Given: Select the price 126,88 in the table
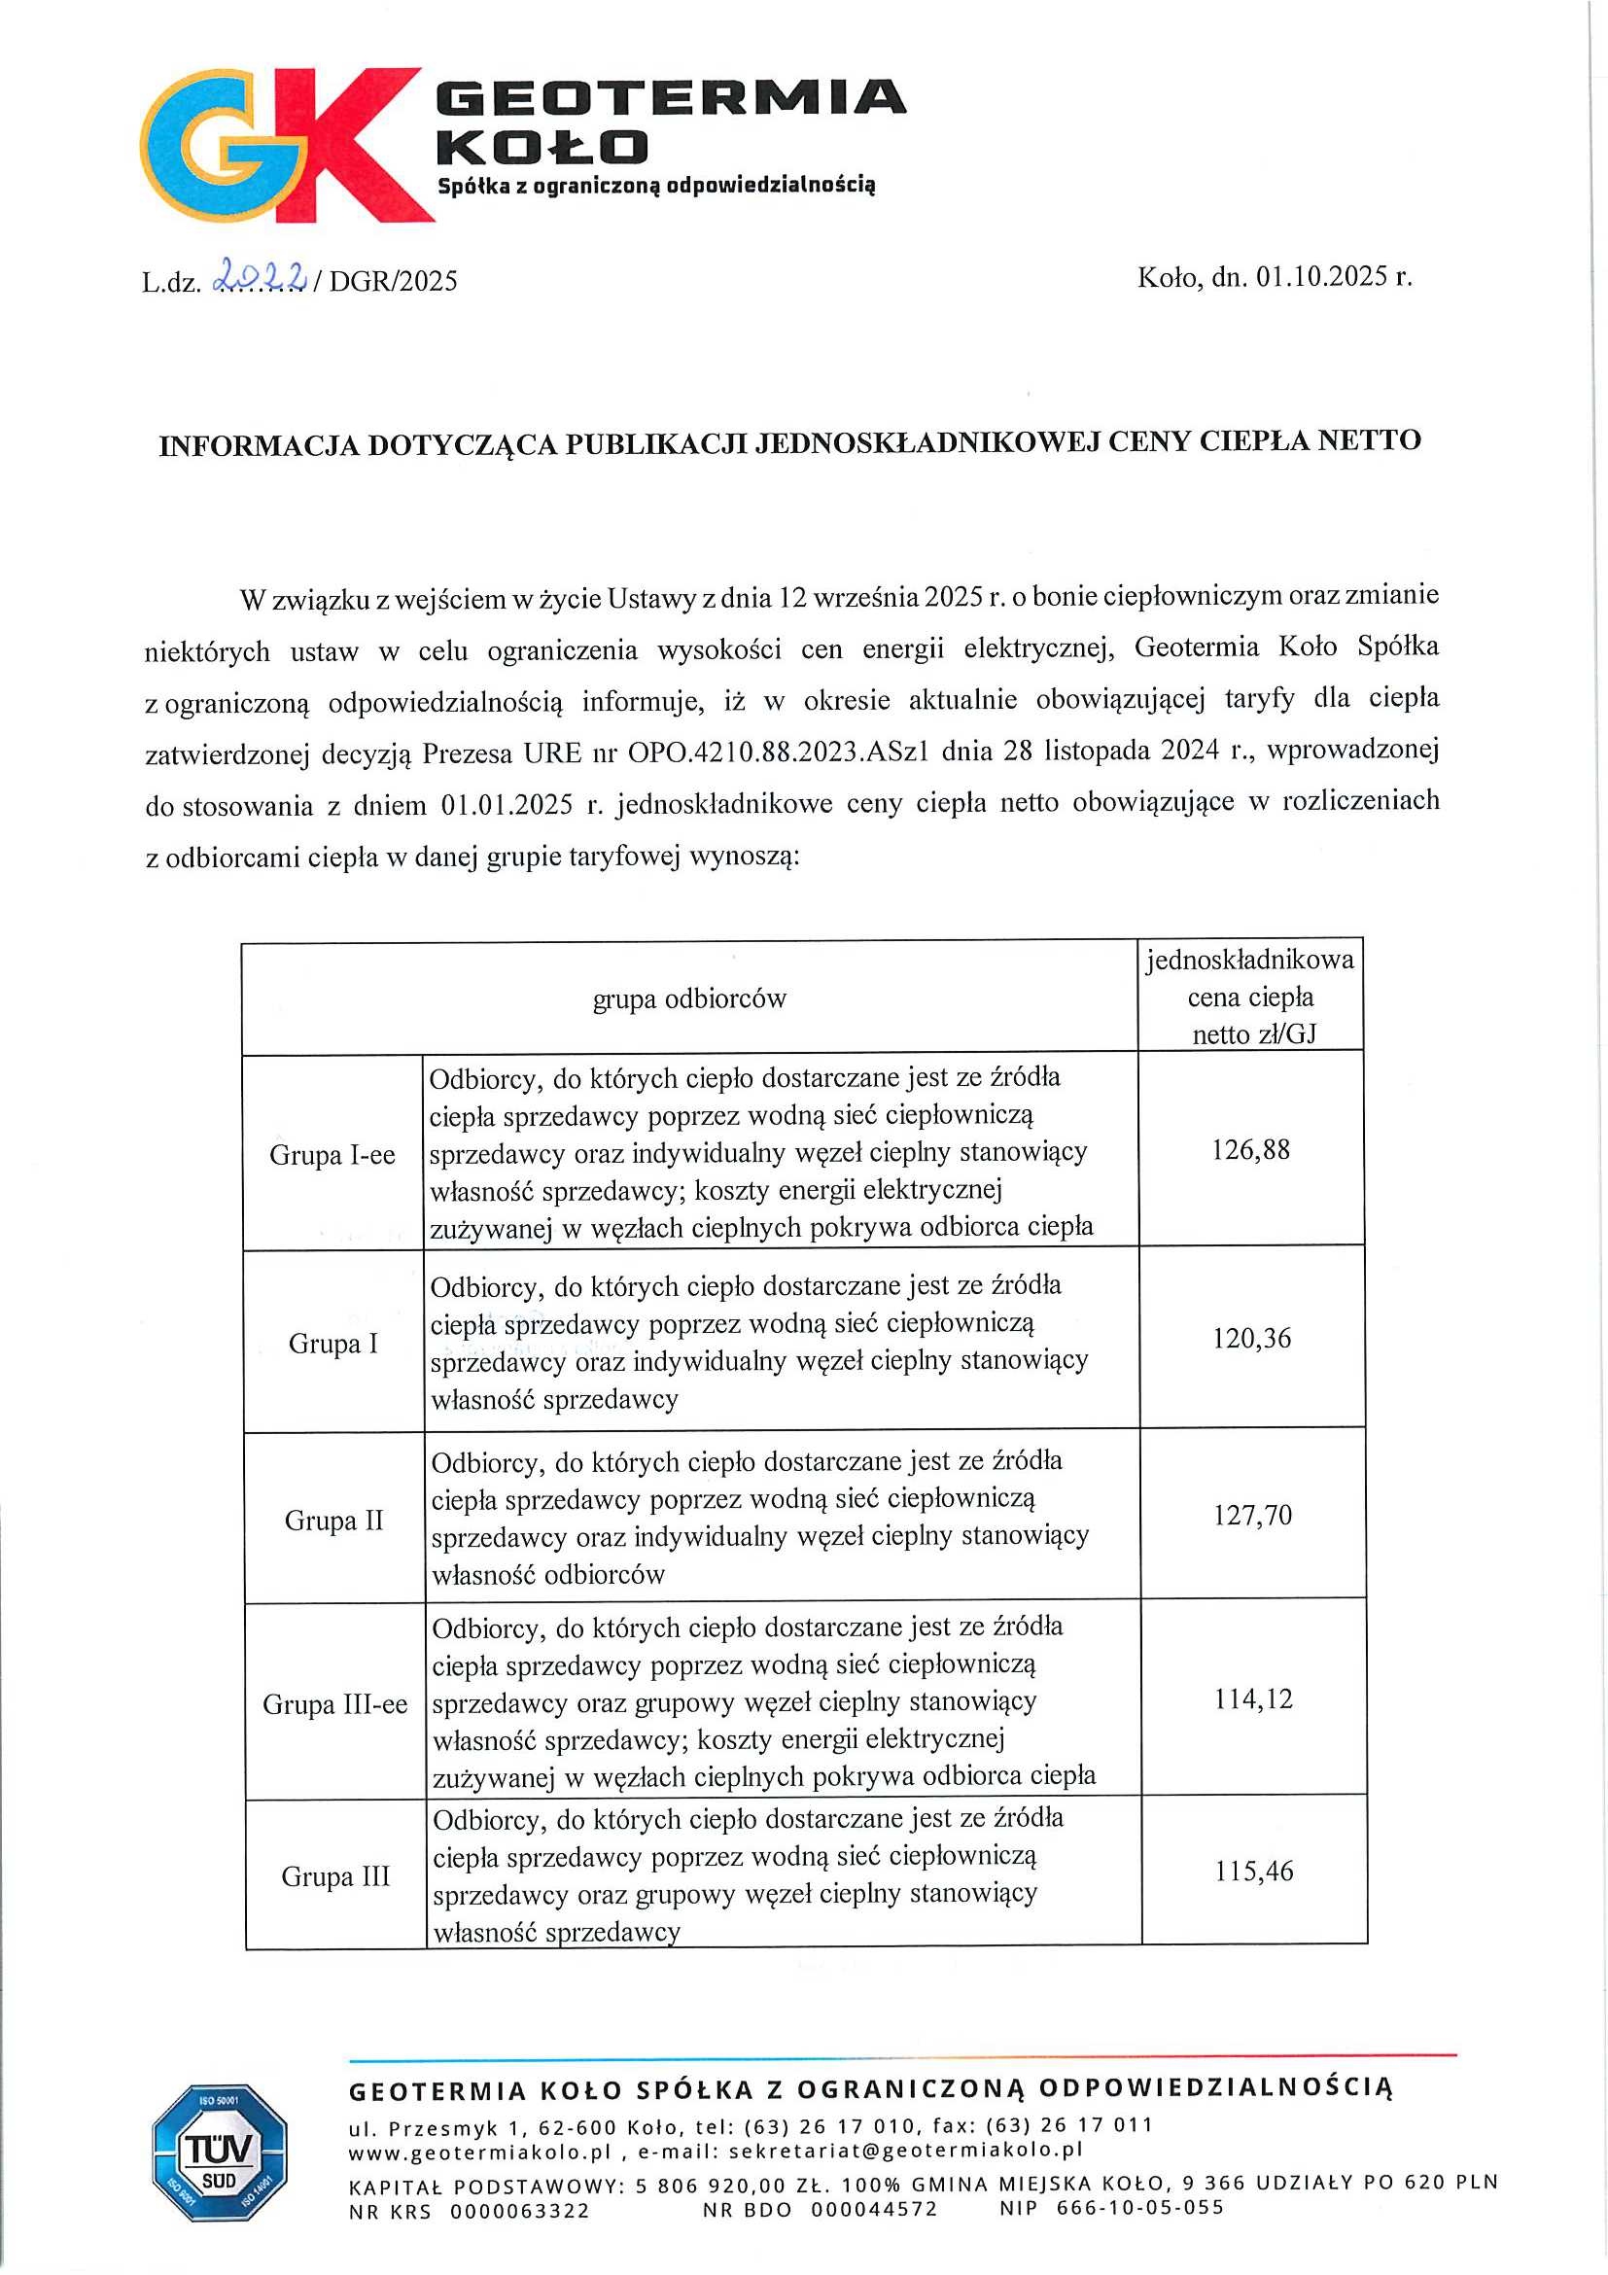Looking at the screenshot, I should (1250, 1149).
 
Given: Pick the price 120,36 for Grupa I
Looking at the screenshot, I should (1252, 1339).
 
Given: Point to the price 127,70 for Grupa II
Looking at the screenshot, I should (1252, 1515).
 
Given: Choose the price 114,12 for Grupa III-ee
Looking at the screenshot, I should (1253, 1699).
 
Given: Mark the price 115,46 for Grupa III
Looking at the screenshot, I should (1254, 1871).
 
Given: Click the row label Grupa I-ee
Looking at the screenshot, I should (332, 1155).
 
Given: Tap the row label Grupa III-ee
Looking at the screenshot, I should (334, 1704).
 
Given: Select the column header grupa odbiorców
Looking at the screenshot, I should (689, 998).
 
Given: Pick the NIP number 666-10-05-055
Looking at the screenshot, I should (1140, 2208).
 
